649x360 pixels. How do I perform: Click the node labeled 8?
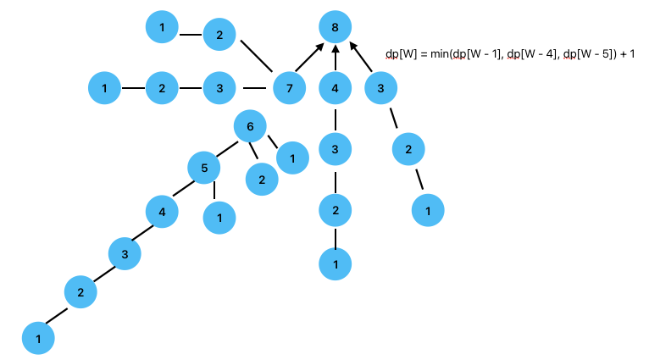336,28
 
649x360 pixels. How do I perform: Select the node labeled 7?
289,87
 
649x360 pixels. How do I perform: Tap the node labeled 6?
250,128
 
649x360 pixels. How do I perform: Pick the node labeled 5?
203,168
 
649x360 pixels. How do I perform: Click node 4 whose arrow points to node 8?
336,87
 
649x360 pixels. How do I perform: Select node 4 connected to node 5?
161,211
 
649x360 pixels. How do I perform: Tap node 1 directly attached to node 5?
219,218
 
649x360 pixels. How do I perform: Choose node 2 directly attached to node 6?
262,179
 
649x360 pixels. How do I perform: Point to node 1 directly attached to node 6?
292,158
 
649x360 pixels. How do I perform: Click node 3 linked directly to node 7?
219,87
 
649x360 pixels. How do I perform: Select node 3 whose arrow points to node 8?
381,87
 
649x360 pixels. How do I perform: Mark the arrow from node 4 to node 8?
336,58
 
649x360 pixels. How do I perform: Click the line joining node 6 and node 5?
226,148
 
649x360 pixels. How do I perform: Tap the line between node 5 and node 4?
182,190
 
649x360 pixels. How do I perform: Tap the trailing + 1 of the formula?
627,54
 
